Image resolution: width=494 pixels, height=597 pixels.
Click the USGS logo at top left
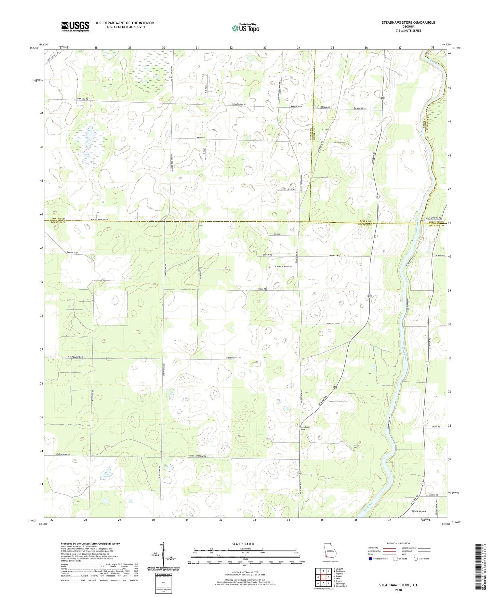pyautogui.click(x=75, y=26)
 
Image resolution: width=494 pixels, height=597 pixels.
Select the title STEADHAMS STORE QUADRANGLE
pyautogui.click(x=408, y=23)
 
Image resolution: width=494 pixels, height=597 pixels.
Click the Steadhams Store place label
pyautogui.click(x=305, y=428)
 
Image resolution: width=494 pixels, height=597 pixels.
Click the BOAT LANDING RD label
pyautogui.click(x=433, y=218)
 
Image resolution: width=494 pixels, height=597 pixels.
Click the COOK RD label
pyautogui.click(x=201, y=137)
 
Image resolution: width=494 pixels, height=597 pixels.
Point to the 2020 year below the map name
pyautogui.click(x=398, y=590)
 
